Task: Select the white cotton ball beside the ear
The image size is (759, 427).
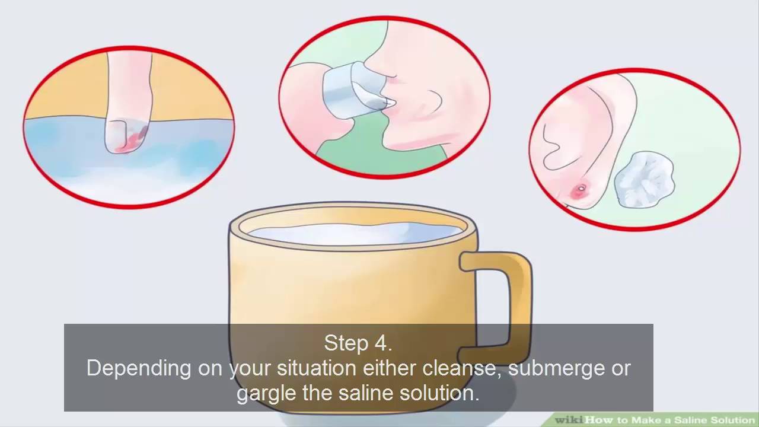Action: (x=644, y=179)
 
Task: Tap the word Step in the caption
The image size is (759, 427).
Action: (x=346, y=343)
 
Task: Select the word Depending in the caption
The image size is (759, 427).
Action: (x=139, y=369)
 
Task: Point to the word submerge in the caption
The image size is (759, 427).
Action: (x=556, y=369)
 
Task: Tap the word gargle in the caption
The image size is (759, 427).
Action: (x=266, y=394)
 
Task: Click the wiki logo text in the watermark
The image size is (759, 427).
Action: (x=570, y=420)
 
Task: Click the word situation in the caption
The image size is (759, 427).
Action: (x=317, y=368)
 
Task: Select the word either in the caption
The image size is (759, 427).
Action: (x=390, y=368)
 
